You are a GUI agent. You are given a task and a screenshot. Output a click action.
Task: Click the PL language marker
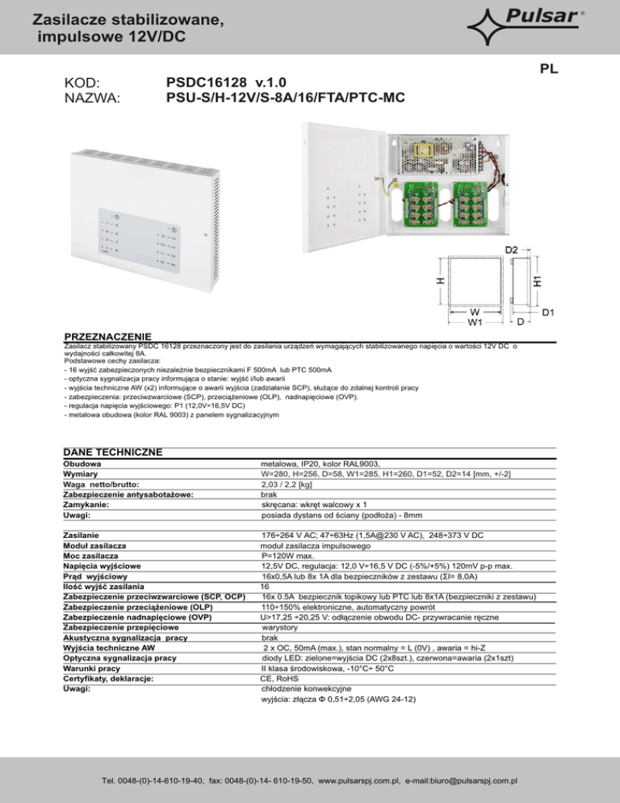point(549,69)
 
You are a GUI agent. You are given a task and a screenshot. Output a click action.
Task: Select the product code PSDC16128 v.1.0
point(225,82)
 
